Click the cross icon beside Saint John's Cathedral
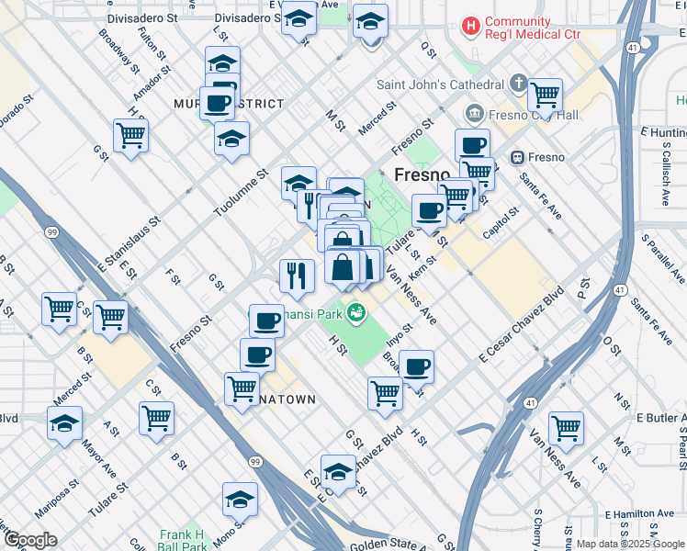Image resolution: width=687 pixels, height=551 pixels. point(517,85)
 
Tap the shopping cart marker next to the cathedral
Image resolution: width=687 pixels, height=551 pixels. point(546,95)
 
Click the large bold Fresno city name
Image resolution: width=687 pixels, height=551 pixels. point(422,174)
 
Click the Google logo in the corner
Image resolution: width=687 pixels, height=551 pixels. point(31,540)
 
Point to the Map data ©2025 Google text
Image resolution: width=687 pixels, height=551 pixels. point(630,544)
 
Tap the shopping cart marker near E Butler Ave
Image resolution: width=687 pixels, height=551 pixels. point(566,428)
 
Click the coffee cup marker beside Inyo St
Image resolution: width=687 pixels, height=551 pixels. point(416,367)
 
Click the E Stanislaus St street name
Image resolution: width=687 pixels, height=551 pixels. point(128,242)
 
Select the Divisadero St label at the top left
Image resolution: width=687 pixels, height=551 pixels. point(141,17)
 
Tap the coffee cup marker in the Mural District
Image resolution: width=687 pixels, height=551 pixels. point(218,104)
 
